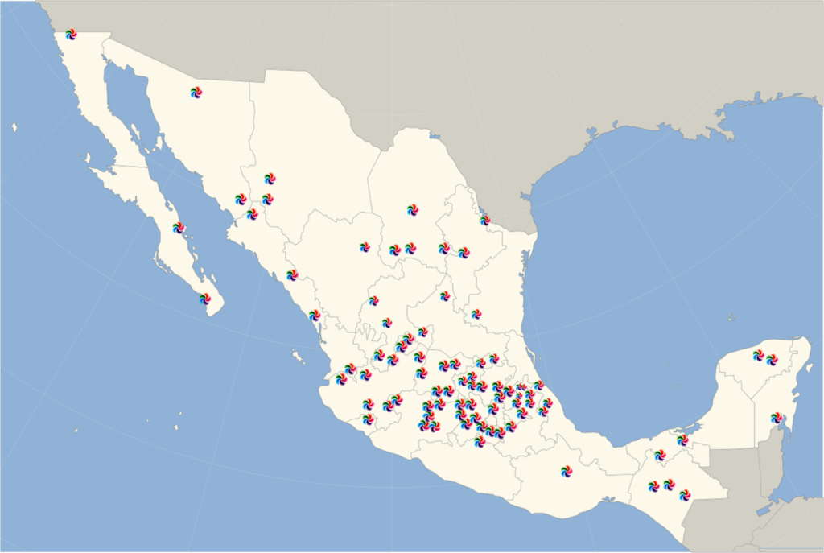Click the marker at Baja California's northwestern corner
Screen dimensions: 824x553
[x=71, y=34]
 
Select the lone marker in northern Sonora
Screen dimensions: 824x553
[x=196, y=93]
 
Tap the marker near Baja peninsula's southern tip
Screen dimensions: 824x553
[x=205, y=299]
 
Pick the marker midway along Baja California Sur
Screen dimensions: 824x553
[x=179, y=228]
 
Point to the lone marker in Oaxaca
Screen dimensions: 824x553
[x=566, y=471]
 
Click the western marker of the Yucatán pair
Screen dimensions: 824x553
[x=758, y=354]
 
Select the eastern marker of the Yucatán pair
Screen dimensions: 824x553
[x=772, y=359]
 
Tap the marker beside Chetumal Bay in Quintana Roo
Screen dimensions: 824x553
[x=776, y=418]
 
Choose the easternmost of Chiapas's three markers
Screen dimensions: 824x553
[x=685, y=494]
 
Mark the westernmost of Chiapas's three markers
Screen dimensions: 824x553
[x=653, y=486]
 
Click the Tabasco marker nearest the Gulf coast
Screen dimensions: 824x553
[x=682, y=440]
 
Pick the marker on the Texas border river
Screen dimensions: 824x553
[x=484, y=220]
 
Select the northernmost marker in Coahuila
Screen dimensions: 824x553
[x=412, y=209]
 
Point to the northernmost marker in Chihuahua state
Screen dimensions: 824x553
[x=270, y=178]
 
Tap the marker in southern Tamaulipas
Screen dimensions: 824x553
[x=476, y=314]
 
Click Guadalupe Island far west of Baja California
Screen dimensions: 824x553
[x=14, y=127]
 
